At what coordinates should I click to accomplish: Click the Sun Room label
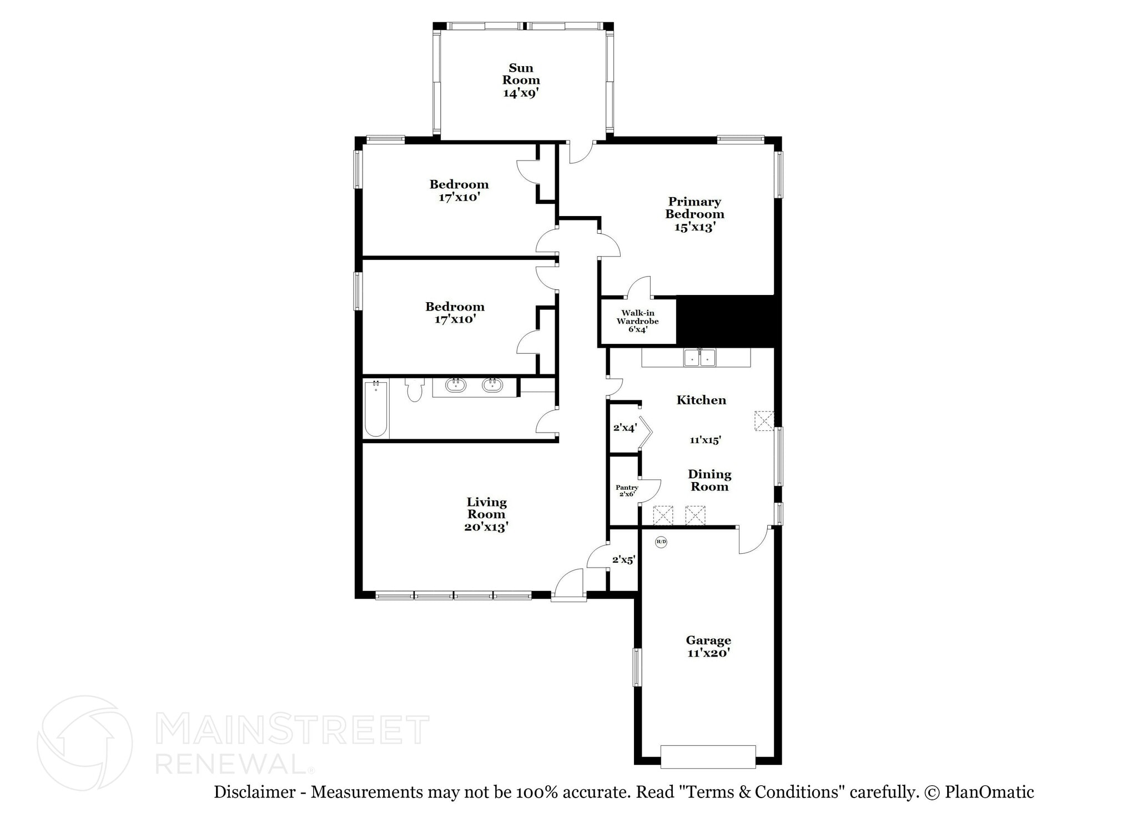tap(521, 80)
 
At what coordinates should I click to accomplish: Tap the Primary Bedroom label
tap(695, 214)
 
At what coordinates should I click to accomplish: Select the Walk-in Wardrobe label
tap(637, 321)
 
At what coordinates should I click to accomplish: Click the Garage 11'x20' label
tap(708, 646)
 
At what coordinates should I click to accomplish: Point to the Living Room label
tap(486, 514)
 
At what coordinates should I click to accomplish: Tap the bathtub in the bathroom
tap(376, 408)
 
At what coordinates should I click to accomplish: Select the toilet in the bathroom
tap(414, 389)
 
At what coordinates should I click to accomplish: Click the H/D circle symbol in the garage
tap(661, 542)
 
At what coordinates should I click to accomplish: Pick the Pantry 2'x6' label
tap(627, 490)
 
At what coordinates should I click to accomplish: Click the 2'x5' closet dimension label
tap(623, 560)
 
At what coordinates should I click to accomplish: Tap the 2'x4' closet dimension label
tap(625, 428)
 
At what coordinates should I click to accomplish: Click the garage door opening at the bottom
tap(708, 756)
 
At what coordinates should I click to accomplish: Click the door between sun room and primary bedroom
tap(581, 151)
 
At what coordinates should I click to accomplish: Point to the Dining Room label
tap(710, 480)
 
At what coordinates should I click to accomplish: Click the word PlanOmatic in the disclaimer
tap(989, 792)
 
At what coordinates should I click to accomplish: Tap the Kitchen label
tap(701, 400)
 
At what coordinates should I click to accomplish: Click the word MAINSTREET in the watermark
tap(292, 729)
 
